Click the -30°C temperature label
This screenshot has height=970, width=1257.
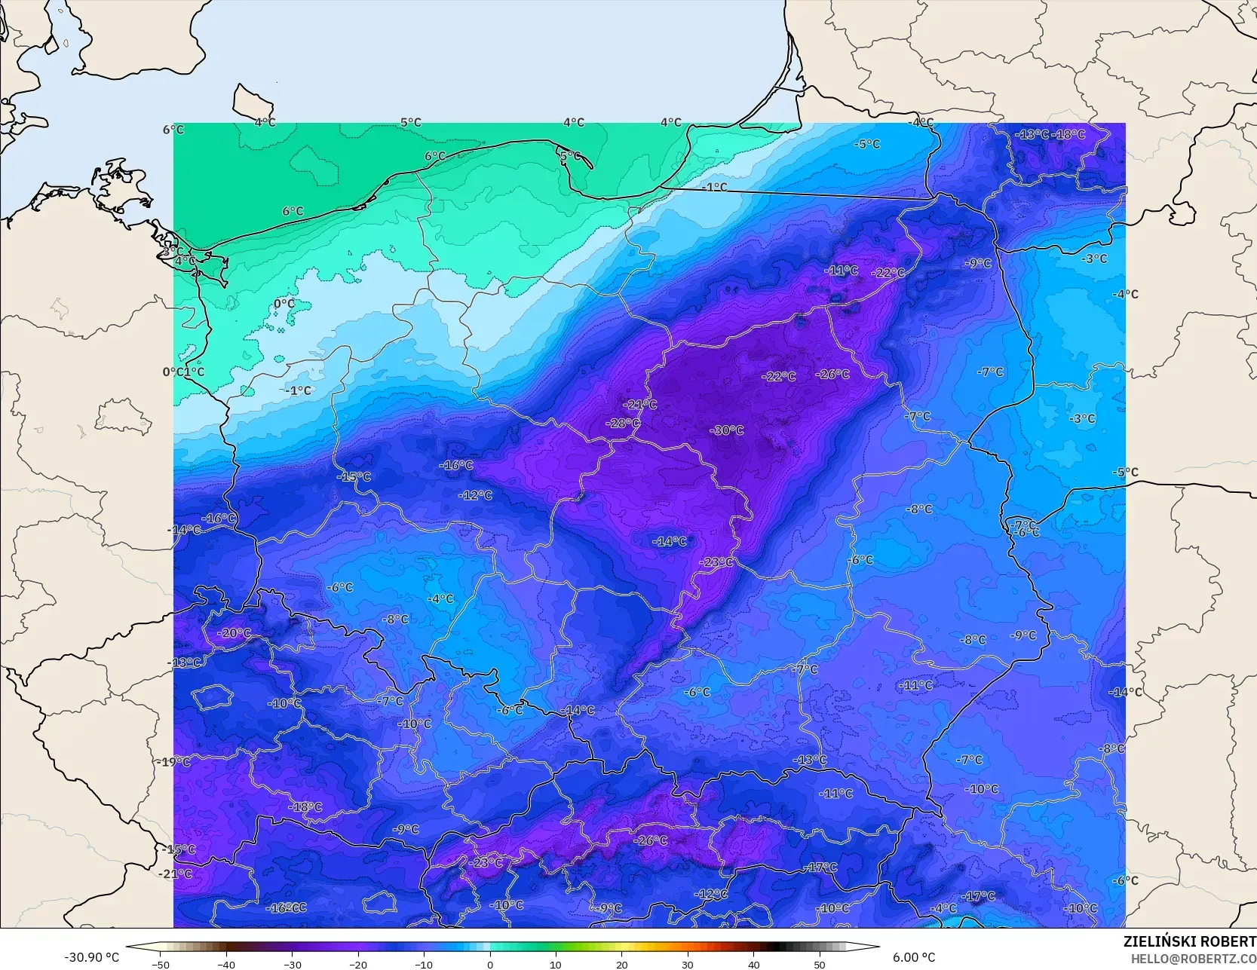pyautogui.click(x=727, y=430)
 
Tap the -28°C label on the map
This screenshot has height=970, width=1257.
pyautogui.click(x=623, y=423)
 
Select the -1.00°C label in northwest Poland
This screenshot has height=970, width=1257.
pyautogui.click(x=299, y=390)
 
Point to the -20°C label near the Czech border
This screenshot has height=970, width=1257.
pyautogui.click(x=235, y=633)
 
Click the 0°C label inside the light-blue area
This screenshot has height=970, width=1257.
pyautogui.click(x=284, y=304)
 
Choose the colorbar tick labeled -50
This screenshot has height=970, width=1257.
pyautogui.click(x=161, y=964)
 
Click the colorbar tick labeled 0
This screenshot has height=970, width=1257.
pyautogui.click(x=490, y=964)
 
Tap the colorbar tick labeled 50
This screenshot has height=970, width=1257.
pyautogui.click(x=820, y=964)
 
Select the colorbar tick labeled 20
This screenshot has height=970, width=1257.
pyautogui.click(x=622, y=964)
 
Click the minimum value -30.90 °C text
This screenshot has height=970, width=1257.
pyautogui.click(x=92, y=957)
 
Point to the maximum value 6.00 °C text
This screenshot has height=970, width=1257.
pyautogui.click(x=914, y=957)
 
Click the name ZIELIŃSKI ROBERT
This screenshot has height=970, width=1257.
pyautogui.click(x=1189, y=941)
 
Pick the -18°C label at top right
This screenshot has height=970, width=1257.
pyautogui.click(x=1070, y=134)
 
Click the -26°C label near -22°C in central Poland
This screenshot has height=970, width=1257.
pyautogui.click(x=832, y=374)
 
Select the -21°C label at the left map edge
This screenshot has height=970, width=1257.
pyautogui.click(x=176, y=874)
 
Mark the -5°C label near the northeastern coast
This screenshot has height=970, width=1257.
pyautogui.click(x=867, y=144)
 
